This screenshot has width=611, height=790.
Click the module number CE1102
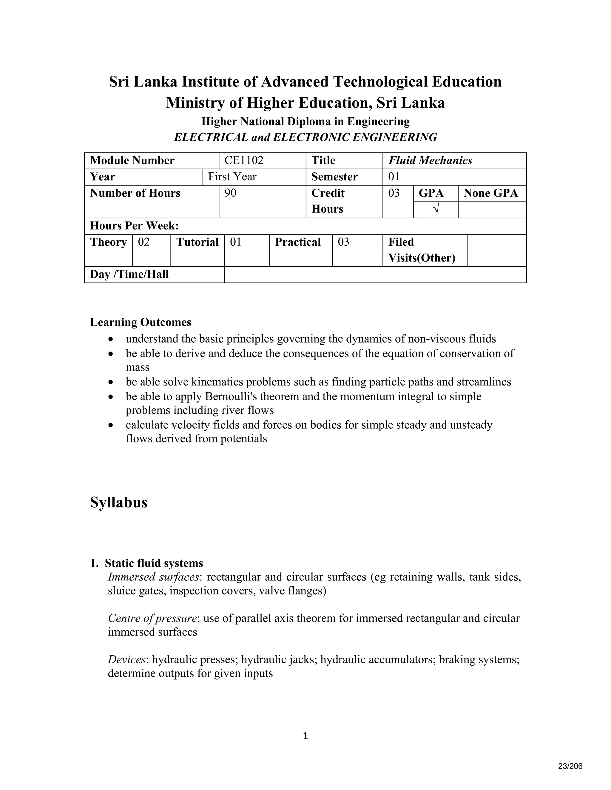tap(244, 160)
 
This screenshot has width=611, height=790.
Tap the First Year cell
tap(232, 176)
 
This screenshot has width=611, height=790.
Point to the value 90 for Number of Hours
tap(230, 193)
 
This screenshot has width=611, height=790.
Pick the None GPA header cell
tap(490, 193)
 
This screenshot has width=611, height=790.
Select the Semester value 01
tap(394, 176)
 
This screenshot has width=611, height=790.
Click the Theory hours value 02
tap(144, 242)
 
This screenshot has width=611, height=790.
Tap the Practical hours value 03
tap(343, 242)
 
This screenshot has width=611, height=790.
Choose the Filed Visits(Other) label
tap(421, 250)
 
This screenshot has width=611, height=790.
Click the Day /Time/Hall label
tap(129, 274)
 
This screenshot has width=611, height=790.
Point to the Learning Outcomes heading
tap(141, 322)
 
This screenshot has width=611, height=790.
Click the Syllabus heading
tap(118, 502)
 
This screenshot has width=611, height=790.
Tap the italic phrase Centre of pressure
tap(152, 618)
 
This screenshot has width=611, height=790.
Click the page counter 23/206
tap(570, 766)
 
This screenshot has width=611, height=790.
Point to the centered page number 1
tap(305, 736)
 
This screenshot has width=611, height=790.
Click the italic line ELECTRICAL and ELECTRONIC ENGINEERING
tap(305, 137)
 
